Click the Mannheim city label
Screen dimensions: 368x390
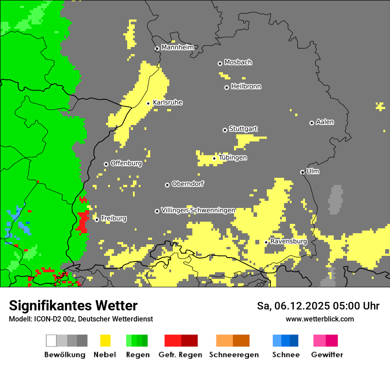point(177,47)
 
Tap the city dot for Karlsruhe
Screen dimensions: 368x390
point(148,103)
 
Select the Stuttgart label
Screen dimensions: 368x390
point(243,129)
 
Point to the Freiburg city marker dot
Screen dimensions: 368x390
point(97,219)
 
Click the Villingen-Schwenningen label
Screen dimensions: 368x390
point(198,210)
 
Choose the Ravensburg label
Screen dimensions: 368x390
point(289,242)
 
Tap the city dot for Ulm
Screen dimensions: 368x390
point(302,172)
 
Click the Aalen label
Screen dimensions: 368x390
point(325,122)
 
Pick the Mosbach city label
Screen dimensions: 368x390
point(238,63)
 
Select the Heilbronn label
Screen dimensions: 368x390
point(246,86)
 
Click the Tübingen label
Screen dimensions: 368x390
point(233,158)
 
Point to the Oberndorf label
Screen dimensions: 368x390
point(188,184)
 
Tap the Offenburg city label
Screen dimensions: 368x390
point(126,163)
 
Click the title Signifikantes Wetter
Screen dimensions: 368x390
point(73,306)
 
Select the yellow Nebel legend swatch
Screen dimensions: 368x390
point(105,341)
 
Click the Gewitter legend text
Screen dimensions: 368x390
point(327,355)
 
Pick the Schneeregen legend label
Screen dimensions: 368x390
point(234,355)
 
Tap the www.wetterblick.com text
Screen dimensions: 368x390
point(320,319)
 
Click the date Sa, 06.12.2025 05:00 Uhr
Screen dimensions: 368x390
point(318,306)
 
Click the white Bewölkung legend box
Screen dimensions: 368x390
point(51,341)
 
